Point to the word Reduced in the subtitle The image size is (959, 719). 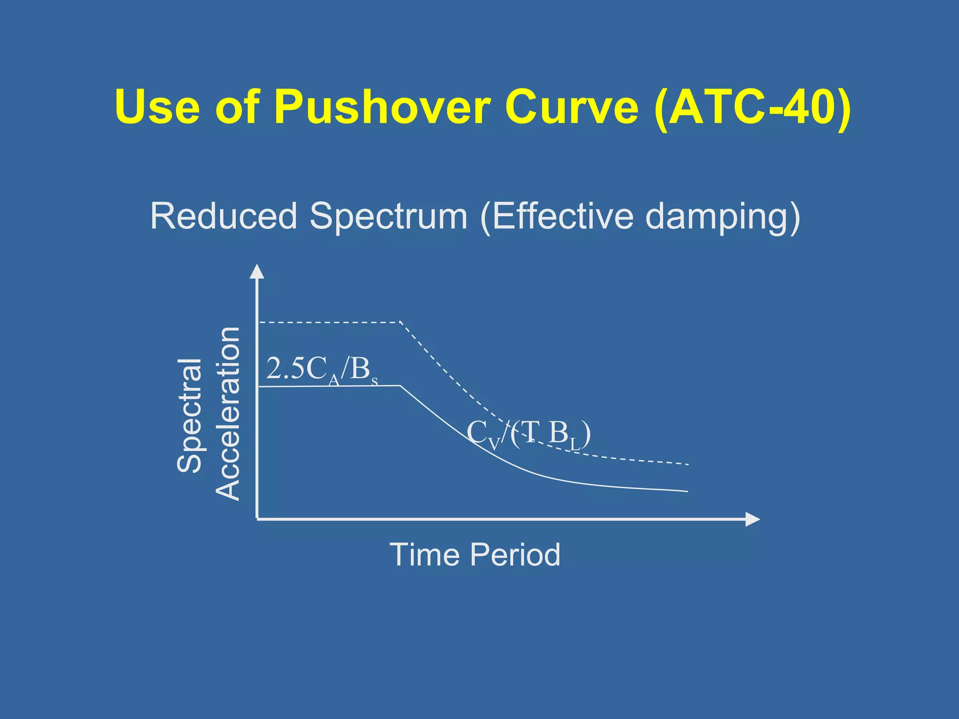coord(224,216)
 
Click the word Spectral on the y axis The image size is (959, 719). coord(189,416)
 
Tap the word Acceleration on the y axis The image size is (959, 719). coord(228,414)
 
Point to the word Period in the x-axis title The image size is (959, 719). coord(515,555)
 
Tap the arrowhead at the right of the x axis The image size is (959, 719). coord(753,519)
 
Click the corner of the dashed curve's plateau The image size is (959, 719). coord(400,322)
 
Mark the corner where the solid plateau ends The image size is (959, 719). coord(400,385)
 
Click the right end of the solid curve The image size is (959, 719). coord(687,492)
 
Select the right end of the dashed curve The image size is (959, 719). coord(687,464)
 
